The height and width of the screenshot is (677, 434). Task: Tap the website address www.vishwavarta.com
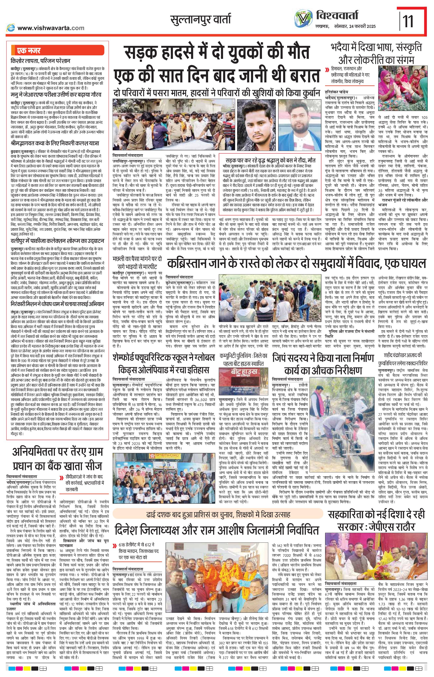(51, 28)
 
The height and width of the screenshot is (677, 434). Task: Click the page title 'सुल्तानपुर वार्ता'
(200, 20)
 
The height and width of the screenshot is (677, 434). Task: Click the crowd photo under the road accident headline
(173, 124)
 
